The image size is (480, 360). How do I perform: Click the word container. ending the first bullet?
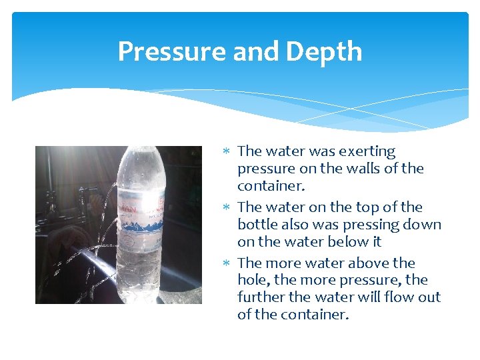pyautogui.click(x=269, y=186)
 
